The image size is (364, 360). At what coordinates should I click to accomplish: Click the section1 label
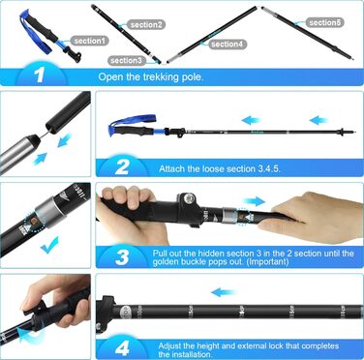(x=89, y=41)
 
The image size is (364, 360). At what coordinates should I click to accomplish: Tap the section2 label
(x=146, y=24)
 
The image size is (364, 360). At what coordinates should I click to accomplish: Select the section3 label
(x=126, y=60)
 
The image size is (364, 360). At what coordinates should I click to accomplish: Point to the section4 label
(x=227, y=44)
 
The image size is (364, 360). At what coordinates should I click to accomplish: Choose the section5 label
(x=324, y=22)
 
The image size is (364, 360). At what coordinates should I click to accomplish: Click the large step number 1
(x=40, y=75)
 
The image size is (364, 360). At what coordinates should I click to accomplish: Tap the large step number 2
(x=122, y=167)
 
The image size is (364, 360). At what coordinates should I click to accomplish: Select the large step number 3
(x=122, y=257)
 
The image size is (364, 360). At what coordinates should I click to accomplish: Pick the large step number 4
(x=122, y=348)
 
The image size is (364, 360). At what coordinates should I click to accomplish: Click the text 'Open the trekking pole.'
(x=151, y=77)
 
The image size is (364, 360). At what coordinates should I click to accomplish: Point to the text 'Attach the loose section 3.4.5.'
(x=220, y=168)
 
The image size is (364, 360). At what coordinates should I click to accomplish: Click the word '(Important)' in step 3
(x=267, y=261)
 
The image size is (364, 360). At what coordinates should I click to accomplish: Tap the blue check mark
(x=49, y=245)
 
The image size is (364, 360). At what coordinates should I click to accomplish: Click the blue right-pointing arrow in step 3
(x=254, y=201)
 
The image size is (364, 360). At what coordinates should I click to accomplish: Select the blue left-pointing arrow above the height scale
(x=224, y=292)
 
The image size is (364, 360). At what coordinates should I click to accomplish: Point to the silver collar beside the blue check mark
(x=45, y=211)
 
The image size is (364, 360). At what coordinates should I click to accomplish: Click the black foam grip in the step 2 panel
(x=135, y=131)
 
